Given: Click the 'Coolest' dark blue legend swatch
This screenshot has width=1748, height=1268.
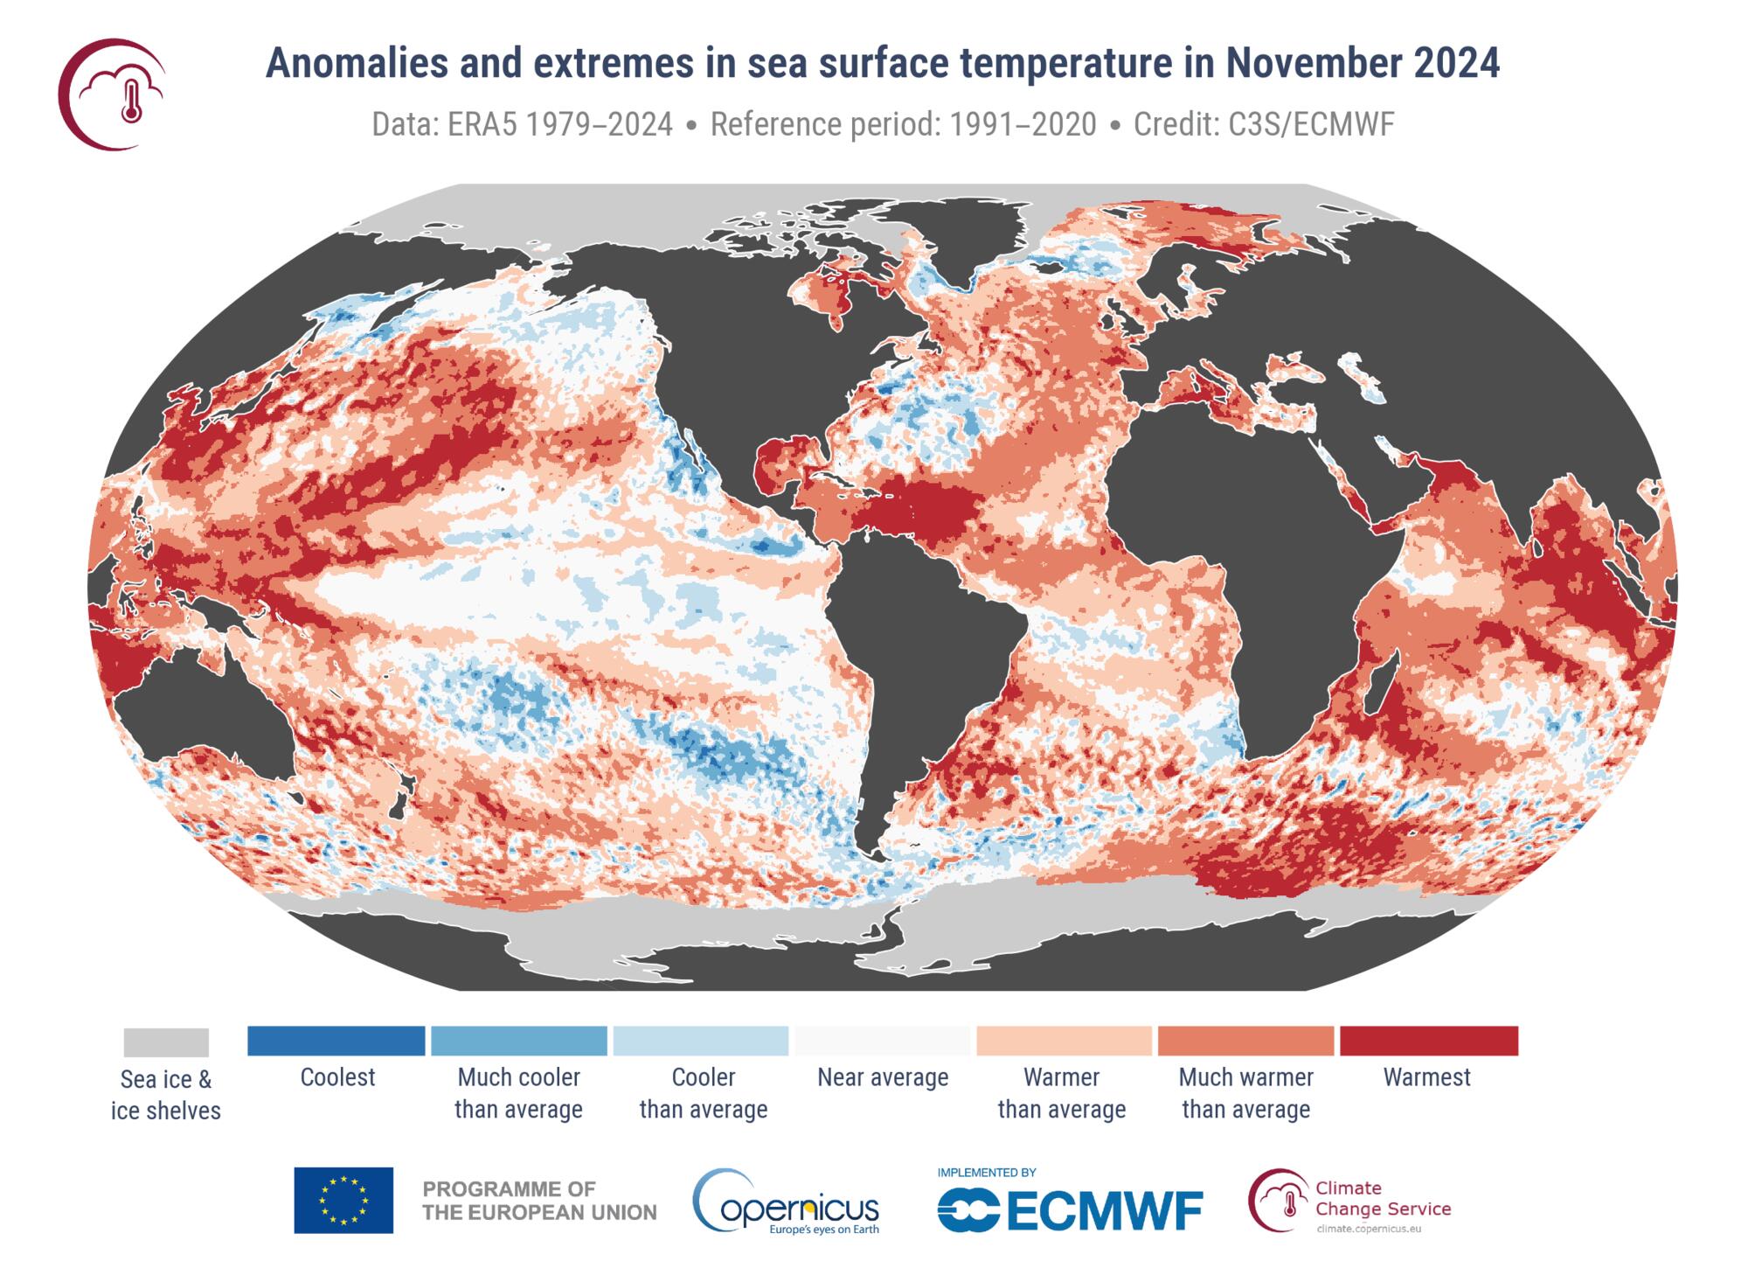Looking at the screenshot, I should pos(336,1041).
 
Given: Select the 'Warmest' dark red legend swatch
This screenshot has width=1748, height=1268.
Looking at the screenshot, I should pos(1428,1041).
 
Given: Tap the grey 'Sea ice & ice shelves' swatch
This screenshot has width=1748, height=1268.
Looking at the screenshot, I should pos(166,1042).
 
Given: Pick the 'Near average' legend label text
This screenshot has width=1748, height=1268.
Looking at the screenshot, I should pos(883,1077).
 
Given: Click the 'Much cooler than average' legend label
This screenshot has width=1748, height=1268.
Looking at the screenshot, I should pos(518,1093).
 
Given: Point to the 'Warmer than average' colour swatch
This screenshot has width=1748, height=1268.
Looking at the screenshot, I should pos(1063,1041).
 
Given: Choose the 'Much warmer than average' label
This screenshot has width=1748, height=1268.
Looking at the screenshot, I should pos(1245,1093).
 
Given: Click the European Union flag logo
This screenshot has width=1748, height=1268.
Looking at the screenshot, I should pos(343,1200).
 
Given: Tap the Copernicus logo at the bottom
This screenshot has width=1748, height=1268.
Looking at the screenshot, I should pos(786,1202).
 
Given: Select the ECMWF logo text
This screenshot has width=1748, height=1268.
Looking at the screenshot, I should pos(1070,1211).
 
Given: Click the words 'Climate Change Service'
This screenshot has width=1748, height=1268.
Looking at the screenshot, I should pos(1381,1199).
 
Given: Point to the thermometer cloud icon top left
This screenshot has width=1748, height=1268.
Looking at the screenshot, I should pos(114,94).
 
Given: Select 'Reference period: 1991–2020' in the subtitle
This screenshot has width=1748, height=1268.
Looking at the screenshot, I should pos(903,125).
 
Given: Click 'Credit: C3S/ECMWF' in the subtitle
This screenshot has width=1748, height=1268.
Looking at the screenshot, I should pos(1263,125).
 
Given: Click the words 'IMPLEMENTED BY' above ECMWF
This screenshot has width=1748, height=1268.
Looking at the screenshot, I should pos(986,1173).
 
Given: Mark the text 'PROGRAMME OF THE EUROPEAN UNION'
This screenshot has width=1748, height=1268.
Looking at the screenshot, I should pos(539,1201).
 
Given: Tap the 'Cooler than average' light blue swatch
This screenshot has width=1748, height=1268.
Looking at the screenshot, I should pos(701,1041).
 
